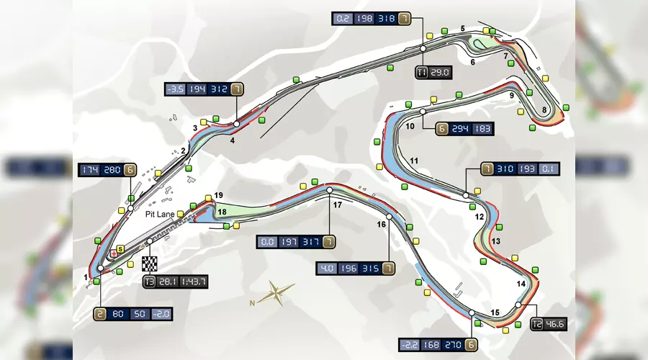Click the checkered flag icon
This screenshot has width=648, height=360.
coord(150,264)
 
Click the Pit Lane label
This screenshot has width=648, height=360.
coord(160,214)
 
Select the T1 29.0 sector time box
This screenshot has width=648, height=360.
coord(433,72)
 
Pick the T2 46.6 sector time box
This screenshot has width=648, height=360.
coord(549,323)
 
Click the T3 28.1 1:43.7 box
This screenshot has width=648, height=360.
coord(176,282)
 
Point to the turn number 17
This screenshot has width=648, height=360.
coord(338,204)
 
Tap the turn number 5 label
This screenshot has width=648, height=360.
coord(463,29)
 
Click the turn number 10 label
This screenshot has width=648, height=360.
coord(410,126)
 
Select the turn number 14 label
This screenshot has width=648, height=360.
coord(521,284)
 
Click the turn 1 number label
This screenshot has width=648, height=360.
coord(86,277)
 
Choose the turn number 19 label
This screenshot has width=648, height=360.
coord(219,196)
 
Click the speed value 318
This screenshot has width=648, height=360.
coord(387,19)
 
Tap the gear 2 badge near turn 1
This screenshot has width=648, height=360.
coord(99,314)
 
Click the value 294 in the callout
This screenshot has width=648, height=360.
coord(460,129)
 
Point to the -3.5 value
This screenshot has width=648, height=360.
coord(176,89)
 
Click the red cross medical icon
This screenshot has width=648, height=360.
coord(114,253)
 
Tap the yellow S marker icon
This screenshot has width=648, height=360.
coord(120,249)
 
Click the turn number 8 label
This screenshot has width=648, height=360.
coord(544,110)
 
